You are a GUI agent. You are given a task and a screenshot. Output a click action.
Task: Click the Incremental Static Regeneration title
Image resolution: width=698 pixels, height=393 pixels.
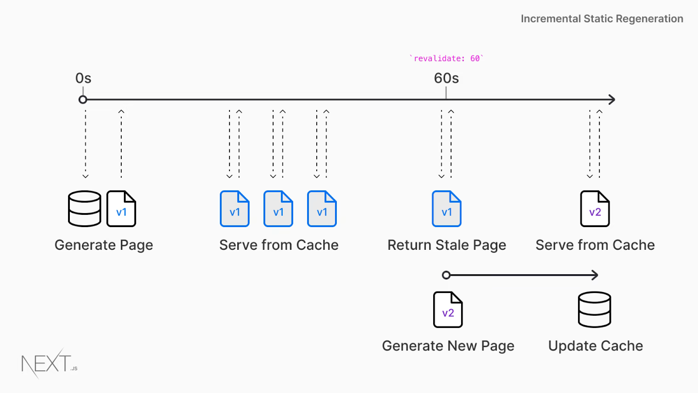tap(602, 19)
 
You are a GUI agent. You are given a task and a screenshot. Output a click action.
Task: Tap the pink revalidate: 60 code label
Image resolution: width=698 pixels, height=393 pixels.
tap(446, 59)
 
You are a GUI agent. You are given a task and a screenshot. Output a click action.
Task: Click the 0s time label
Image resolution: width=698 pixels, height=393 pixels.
tap(83, 78)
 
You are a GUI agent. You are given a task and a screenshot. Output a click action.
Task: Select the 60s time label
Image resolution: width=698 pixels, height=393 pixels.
tap(446, 78)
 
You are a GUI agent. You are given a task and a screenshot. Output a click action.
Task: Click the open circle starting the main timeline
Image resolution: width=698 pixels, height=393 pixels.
tap(83, 100)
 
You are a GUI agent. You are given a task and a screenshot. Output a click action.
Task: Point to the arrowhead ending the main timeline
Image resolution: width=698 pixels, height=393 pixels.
tap(612, 100)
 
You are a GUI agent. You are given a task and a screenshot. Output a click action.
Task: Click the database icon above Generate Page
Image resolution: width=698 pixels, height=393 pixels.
tap(85, 209)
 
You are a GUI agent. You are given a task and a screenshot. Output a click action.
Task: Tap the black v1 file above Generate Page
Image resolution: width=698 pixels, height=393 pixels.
tap(121, 209)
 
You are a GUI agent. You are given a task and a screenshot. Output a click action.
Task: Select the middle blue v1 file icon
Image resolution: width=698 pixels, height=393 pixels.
tap(278, 209)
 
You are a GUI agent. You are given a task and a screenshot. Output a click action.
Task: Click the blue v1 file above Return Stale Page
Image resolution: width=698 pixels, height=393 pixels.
tap(447, 209)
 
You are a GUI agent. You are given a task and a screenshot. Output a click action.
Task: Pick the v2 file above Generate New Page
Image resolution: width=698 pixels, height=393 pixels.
tap(448, 310)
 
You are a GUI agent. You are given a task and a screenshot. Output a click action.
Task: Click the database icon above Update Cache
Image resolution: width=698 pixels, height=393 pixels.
tap(595, 310)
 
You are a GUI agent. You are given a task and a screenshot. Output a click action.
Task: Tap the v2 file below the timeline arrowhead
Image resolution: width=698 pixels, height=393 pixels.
tap(595, 209)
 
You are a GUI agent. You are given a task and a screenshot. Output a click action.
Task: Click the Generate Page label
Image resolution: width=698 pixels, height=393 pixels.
tap(104, 245)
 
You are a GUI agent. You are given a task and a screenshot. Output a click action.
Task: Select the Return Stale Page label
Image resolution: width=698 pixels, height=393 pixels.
tap(447, 245)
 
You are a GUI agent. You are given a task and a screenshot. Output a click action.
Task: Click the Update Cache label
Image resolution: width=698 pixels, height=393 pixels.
tap(595, 346)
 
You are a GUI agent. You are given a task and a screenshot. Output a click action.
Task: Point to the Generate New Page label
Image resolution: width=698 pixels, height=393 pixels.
tap(448, 346)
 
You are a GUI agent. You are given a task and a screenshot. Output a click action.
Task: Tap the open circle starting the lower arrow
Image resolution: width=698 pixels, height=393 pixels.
tap(446, 275)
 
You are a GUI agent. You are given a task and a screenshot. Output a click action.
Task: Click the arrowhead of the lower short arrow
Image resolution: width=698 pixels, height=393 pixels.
tap(595, 275)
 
